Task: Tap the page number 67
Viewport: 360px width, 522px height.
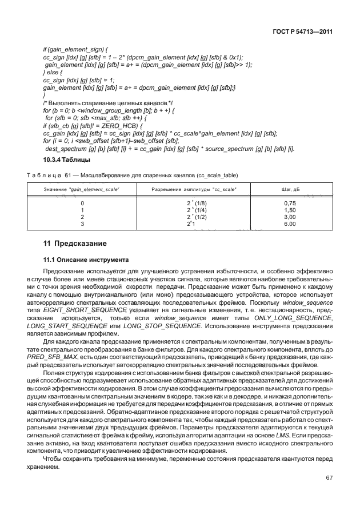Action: pos(329,477)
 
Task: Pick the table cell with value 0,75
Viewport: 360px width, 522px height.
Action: pos(290,203)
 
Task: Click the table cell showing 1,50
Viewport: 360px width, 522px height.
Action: pos(290,210)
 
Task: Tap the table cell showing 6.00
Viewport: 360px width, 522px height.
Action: pos(290,224)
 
